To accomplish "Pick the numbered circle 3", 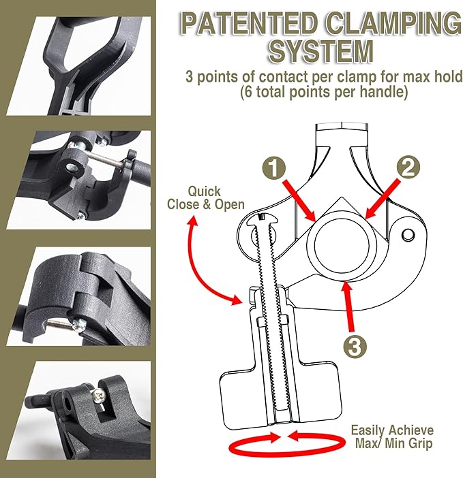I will (x=354, y=345).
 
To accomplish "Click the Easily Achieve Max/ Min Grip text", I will (x=391, y=436).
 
